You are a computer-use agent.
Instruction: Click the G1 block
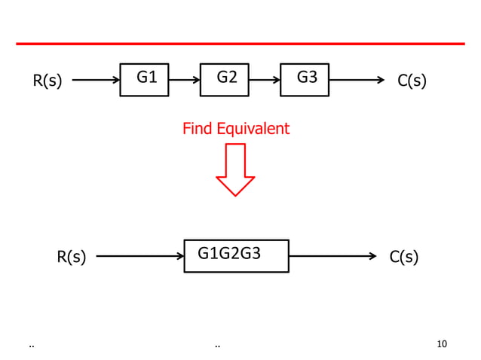[x=145, y=79]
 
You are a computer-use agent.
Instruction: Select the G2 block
[x=225, y=79]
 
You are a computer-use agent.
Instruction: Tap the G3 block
[x=305, y=79]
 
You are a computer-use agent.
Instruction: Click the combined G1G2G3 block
[x=237, y=255]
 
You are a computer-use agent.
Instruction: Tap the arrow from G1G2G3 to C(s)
[x=332, y=256]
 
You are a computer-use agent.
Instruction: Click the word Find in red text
[x=198, y=129]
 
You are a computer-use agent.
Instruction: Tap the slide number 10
[x=442, y=344]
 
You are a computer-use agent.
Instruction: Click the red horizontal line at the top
[x=240, y=44]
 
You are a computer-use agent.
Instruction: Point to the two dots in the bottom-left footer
[x=31, y=346]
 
